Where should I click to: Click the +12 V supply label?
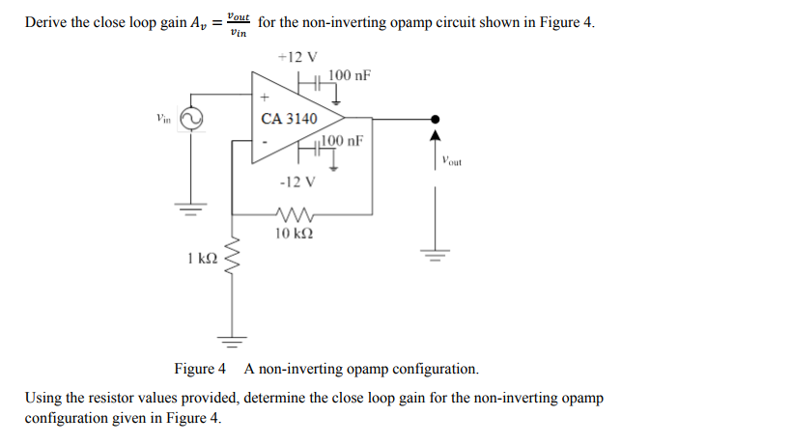point(290,57)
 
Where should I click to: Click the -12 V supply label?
point(296,181)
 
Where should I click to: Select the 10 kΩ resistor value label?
point(293,234)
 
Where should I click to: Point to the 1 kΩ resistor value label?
point(201,258)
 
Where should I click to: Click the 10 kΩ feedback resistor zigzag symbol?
point(293,214)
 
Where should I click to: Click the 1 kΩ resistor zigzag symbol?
point(232,258)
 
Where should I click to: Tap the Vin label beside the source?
point(163,119)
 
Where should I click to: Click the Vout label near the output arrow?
point(451,161)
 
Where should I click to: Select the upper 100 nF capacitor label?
point(350,75)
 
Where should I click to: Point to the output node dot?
point(435,119)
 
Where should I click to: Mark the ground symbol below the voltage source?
point(191,207)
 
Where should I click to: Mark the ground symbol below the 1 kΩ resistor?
point(232,339)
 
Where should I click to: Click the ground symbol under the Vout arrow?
point(435,255)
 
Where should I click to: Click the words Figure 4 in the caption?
point(200,369)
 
